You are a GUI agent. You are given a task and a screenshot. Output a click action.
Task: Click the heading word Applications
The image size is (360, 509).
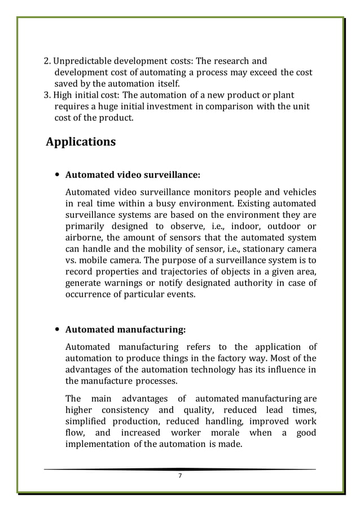pyautogui.click(x=81, y=142)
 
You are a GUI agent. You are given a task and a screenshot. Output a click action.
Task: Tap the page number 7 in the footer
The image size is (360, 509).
pyautogui.click(x=180, y=476)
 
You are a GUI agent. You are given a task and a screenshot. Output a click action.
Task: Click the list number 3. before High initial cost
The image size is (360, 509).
pyautogui.click(x=48, y=95)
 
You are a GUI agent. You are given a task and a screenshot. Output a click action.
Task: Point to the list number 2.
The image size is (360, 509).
pyautogui.click(x=48, y=61)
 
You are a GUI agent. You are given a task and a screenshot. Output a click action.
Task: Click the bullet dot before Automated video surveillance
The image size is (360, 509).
pyautogui.click(x=58, y=174)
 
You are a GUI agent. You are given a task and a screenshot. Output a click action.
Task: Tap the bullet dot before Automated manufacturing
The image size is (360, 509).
pyautogui.click(x=58, y=330)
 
